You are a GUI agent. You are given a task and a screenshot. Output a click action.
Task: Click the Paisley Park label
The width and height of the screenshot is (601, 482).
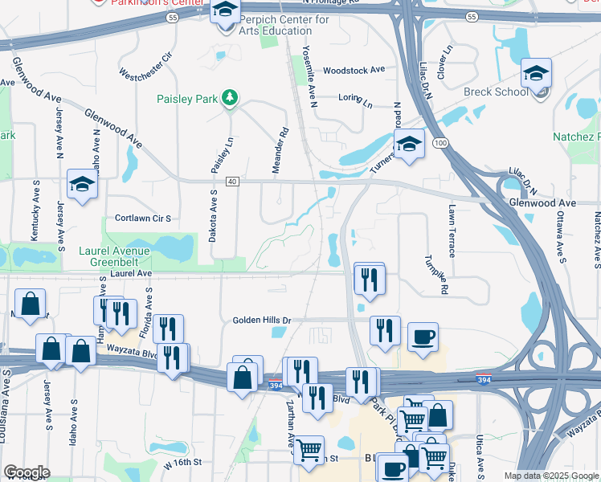tap(186, 100)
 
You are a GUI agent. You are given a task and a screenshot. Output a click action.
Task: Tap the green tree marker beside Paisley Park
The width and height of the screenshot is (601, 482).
tap(231, 98)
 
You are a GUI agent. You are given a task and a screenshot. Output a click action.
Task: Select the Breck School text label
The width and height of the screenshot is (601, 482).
tap(497, 92)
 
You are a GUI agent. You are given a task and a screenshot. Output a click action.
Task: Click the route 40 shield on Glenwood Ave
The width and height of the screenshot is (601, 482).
tap(231, 182)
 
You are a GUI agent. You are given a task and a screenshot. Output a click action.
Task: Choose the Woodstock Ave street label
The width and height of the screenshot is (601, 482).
tap(354, 70)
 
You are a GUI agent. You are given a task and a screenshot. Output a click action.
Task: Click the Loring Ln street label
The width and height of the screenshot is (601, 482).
tap(355, 100)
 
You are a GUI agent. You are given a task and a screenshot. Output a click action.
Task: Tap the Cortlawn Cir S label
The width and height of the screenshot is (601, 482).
tap(144, 218)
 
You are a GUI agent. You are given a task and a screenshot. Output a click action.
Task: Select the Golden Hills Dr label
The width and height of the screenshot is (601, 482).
tap(261, 321)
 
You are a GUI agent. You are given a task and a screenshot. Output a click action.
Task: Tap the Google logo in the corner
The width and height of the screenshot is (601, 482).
tap(27, 472)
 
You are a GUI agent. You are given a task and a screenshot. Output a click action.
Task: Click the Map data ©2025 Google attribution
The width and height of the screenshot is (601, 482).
tap(551, 476)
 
